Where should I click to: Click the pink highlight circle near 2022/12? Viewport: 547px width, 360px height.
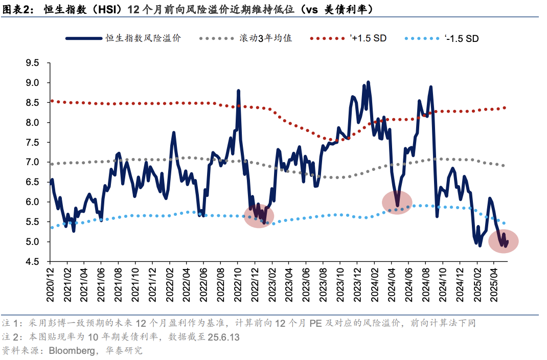(x=259, y=215)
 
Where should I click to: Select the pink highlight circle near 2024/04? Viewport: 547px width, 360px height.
(x=397, y=202)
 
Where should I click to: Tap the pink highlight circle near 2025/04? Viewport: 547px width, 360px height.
(x=504, y=241)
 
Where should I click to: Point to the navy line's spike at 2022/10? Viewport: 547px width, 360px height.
(x=238, y=91)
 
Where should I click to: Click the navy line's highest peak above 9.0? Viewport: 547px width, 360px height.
(x=368, y=82)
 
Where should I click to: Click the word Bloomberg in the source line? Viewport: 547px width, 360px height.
(x=70, y=351)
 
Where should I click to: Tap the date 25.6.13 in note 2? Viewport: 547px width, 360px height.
(x=223, y=337)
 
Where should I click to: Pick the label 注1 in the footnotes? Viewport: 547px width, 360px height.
(x=10, y=324)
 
